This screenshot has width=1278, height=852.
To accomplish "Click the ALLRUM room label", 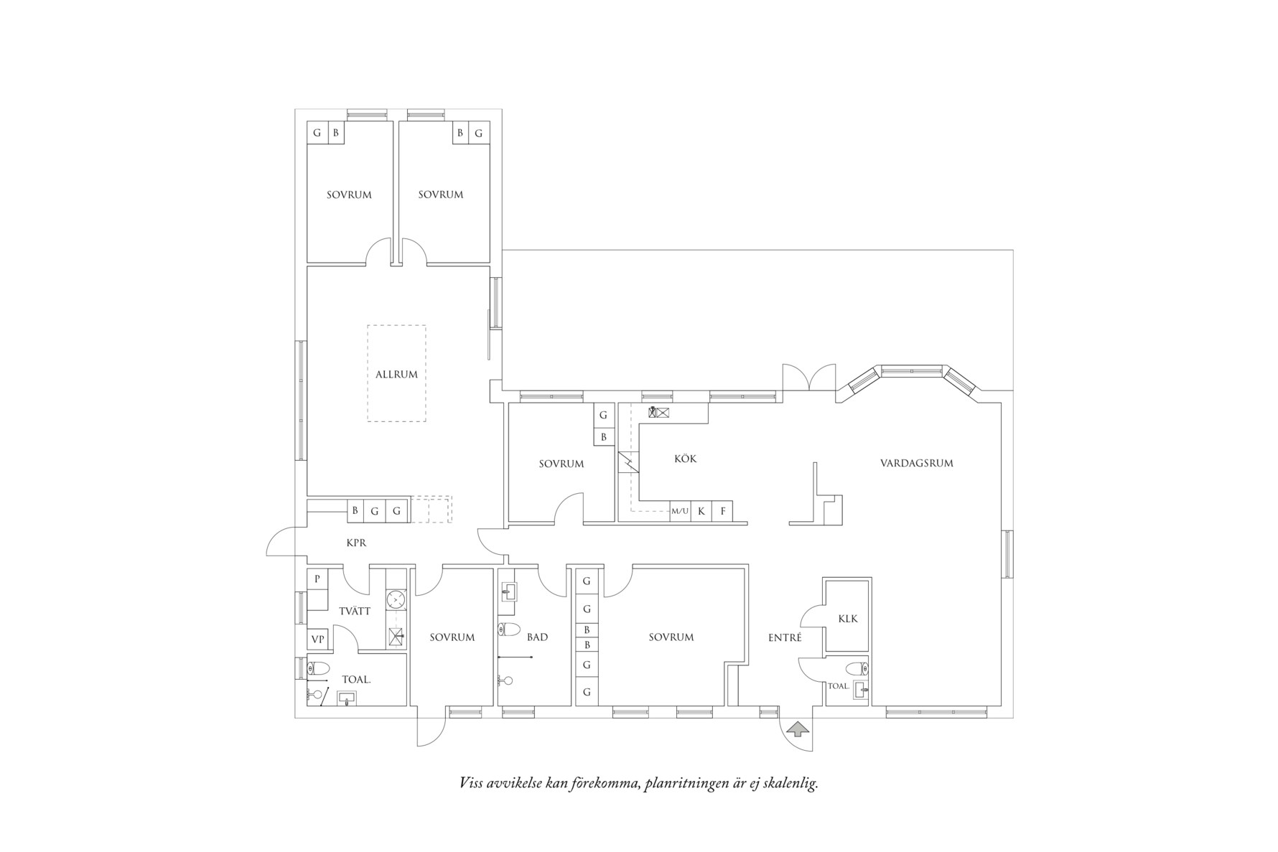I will (396, 374).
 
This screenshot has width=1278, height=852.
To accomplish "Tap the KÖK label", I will (685, 459).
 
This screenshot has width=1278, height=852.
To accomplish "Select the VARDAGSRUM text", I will (916, 463).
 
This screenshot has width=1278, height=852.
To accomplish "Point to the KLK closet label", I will (847, 619).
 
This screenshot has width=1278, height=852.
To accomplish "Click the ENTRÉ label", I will (785, 637).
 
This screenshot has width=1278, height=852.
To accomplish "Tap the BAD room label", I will (537, 637).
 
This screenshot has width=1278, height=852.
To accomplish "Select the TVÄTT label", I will (355, 612).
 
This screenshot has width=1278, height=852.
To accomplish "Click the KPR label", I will (356, 543).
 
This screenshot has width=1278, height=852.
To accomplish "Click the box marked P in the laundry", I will (317, 579).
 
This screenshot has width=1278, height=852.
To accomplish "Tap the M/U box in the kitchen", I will (680, 512).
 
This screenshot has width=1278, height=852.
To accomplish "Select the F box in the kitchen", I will (723, 512).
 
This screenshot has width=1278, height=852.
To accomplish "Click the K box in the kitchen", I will (701, 512).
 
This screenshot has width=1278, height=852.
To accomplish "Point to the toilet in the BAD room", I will (509, 630).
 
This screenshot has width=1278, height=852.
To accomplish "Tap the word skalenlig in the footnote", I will (791, 783).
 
